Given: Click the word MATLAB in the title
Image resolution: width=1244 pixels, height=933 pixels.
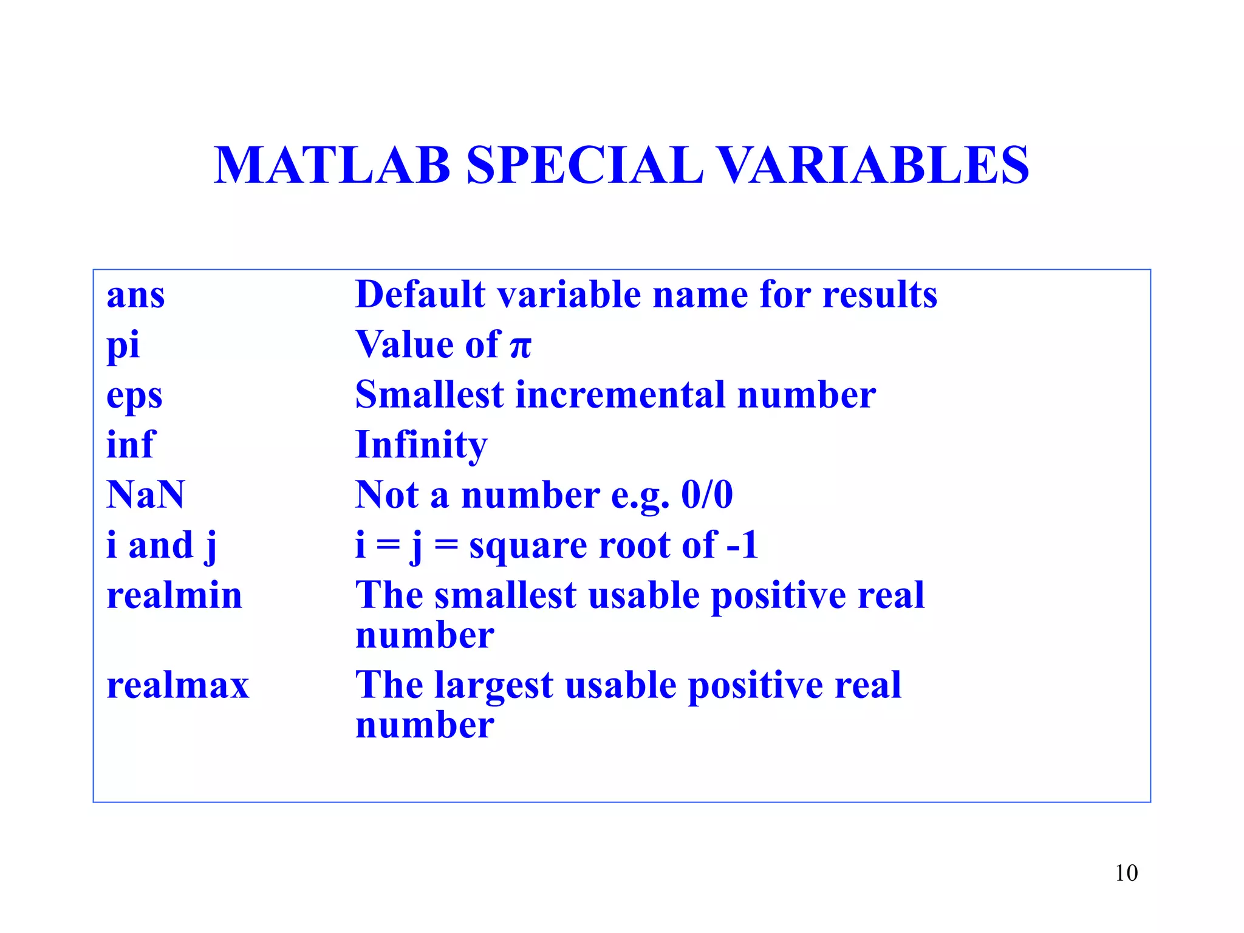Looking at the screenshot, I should pos(332,165).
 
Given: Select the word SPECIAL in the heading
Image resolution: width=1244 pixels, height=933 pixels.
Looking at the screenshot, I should pos(584,165).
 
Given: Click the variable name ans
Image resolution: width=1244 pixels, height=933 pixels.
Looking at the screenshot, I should pos(135,296).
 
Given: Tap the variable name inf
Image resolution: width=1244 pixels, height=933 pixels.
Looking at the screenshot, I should pos(131,445).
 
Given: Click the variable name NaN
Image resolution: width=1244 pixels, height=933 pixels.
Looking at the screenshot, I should pos(145,494).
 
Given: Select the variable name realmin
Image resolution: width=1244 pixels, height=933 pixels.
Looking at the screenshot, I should pos(174,595).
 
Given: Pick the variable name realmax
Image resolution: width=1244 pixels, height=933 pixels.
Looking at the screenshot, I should pos(178,685).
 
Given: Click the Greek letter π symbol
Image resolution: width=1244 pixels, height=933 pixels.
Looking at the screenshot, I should pos(521,347).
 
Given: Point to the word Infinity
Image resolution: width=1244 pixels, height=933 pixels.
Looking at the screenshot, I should pos(421,445).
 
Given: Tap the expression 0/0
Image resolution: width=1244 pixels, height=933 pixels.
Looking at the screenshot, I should pos(707,494).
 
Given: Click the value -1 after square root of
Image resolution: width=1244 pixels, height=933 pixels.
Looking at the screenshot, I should pos(742,544).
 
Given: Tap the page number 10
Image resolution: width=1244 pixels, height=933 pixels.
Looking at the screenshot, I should pos(1126,873).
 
